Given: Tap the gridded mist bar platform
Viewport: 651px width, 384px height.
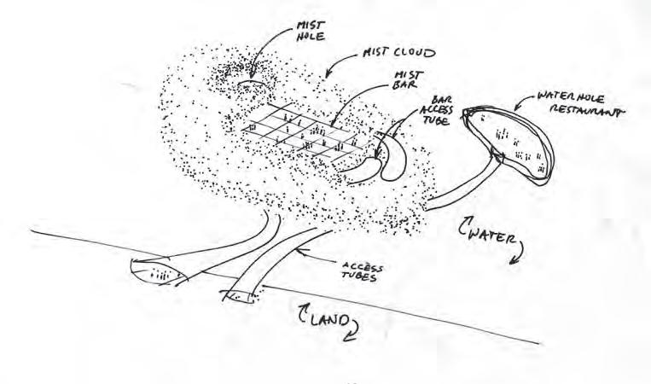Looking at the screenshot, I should point(307,137).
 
